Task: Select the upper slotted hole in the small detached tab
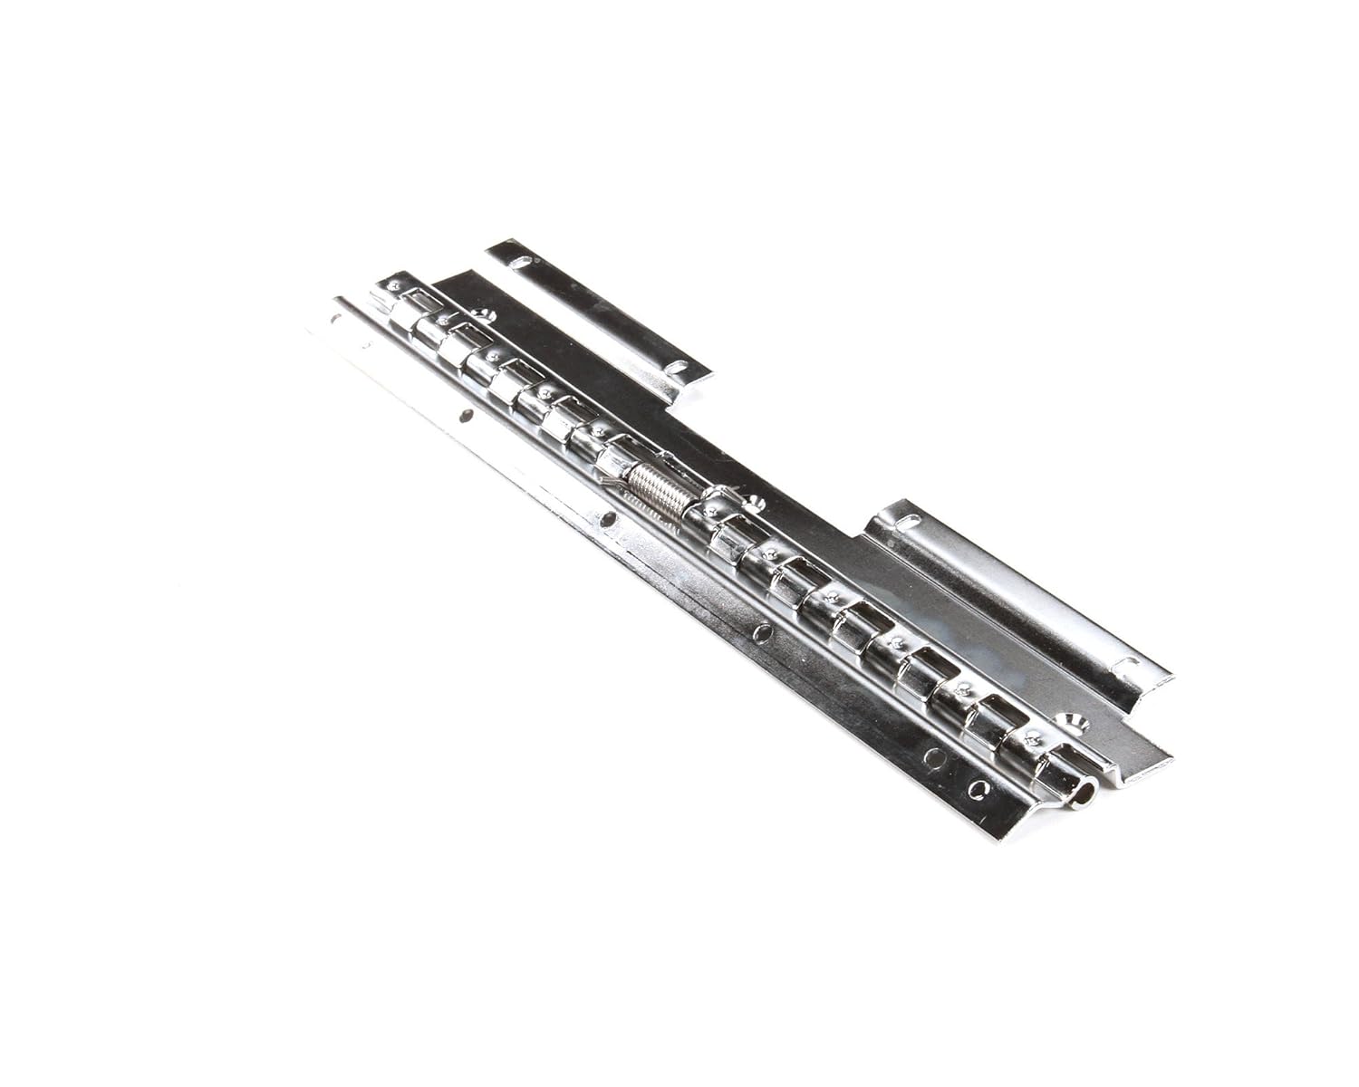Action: (x=523, y=262)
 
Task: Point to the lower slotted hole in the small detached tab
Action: (x=675, y=368)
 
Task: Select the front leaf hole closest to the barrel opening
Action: (x=977, y=789)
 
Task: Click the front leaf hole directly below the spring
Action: (x=609, y=522)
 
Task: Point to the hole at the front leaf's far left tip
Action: (x=336, y=318)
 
